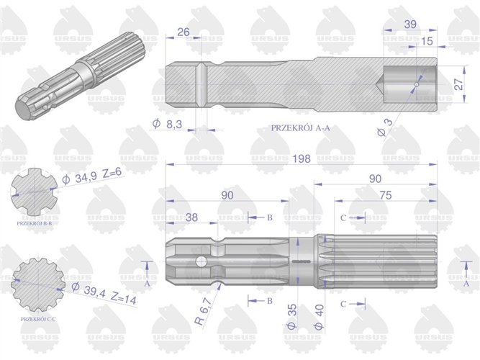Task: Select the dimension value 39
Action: click(410, 23)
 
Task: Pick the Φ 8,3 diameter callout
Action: click(166, 125)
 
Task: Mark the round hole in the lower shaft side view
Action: click(204, 260)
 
